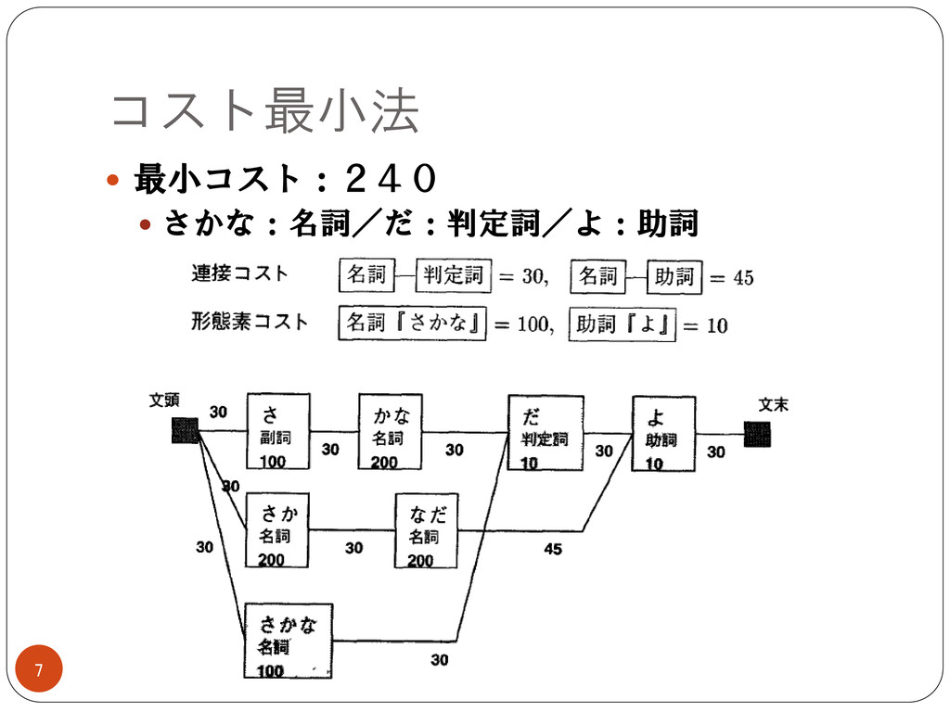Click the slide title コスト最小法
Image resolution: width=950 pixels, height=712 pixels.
click(264, 111)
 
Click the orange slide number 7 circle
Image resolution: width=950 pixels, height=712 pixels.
click(39, 669)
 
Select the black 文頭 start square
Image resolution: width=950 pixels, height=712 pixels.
click(185, 431)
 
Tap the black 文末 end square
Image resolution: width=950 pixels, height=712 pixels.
click(756, 434)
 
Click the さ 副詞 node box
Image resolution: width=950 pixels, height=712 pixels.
click(277, 432)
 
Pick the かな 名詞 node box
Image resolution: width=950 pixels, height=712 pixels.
click(390, 432)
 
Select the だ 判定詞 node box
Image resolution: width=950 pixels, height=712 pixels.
click(546, 433)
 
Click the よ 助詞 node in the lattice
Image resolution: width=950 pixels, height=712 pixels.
click(663, 433)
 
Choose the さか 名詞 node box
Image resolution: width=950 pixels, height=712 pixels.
click(276, 530)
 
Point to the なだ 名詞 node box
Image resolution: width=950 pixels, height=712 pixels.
click(426, 530)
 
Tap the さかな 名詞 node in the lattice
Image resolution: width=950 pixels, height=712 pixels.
click(289, 641)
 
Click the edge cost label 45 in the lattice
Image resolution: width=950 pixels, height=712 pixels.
click(553, 549)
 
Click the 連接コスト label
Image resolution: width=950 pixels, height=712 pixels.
click(239, 273)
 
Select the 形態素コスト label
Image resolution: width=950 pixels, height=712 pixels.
click(250, 322)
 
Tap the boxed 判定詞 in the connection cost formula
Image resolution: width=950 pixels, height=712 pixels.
click(454, 275)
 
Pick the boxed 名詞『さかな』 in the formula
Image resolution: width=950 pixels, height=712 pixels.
click(412, 324)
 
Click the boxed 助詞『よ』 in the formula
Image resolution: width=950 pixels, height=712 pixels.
click(622, 324)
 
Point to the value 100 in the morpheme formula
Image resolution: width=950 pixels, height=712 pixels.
click(533, 324)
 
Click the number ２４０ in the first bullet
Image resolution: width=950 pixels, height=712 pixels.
click(389, 178)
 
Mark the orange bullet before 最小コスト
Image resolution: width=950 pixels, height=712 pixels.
click(113, 179)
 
